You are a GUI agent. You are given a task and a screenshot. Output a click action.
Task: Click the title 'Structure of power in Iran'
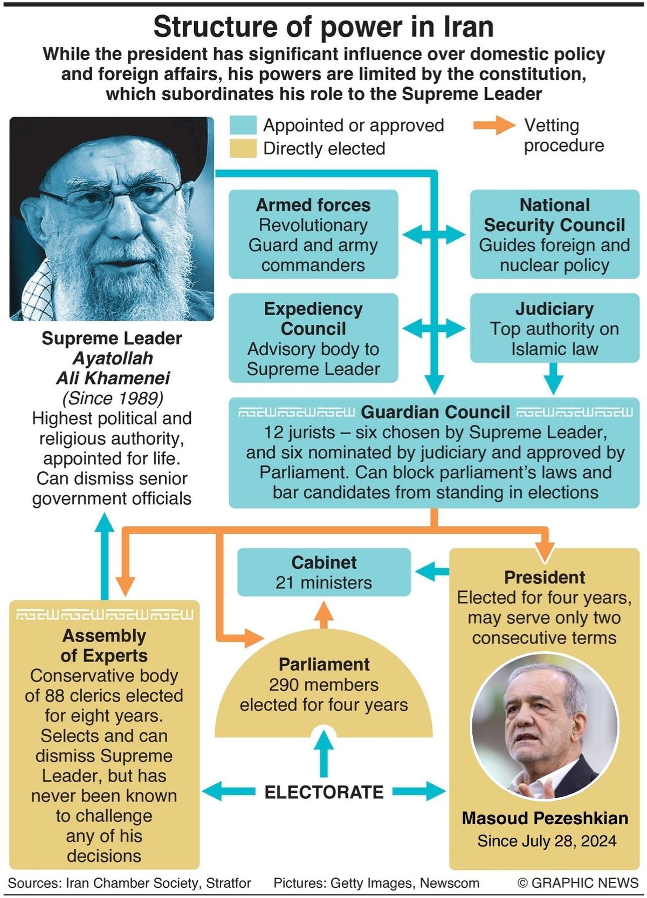323,27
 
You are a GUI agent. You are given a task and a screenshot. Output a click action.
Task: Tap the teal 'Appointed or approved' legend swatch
243,125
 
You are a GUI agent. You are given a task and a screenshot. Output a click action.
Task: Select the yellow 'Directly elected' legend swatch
243,149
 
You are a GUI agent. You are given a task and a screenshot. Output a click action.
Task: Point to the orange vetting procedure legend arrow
493,126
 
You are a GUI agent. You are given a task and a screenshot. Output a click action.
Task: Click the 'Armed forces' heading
313,205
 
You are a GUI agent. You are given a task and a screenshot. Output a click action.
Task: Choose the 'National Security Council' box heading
554,215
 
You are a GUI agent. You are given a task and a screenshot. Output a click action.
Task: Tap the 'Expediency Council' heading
313,318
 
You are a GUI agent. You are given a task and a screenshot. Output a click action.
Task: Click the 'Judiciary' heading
554,309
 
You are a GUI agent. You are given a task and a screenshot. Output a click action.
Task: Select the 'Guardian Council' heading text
435,412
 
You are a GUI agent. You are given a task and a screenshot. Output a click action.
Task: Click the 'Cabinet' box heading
324,562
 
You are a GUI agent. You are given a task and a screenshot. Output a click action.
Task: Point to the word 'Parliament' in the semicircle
324,664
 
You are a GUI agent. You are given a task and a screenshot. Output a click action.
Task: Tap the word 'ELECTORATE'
324,792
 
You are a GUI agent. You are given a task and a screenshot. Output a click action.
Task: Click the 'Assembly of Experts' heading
104,645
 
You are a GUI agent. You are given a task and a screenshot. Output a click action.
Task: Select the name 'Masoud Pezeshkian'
545,818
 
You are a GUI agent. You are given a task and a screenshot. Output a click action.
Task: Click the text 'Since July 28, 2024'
547,841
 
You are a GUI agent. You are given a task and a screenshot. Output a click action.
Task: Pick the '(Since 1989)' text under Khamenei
112,398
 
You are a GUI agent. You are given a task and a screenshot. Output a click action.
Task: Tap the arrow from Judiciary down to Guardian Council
553,379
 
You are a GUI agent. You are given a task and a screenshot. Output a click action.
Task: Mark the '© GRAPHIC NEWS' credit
578,883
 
